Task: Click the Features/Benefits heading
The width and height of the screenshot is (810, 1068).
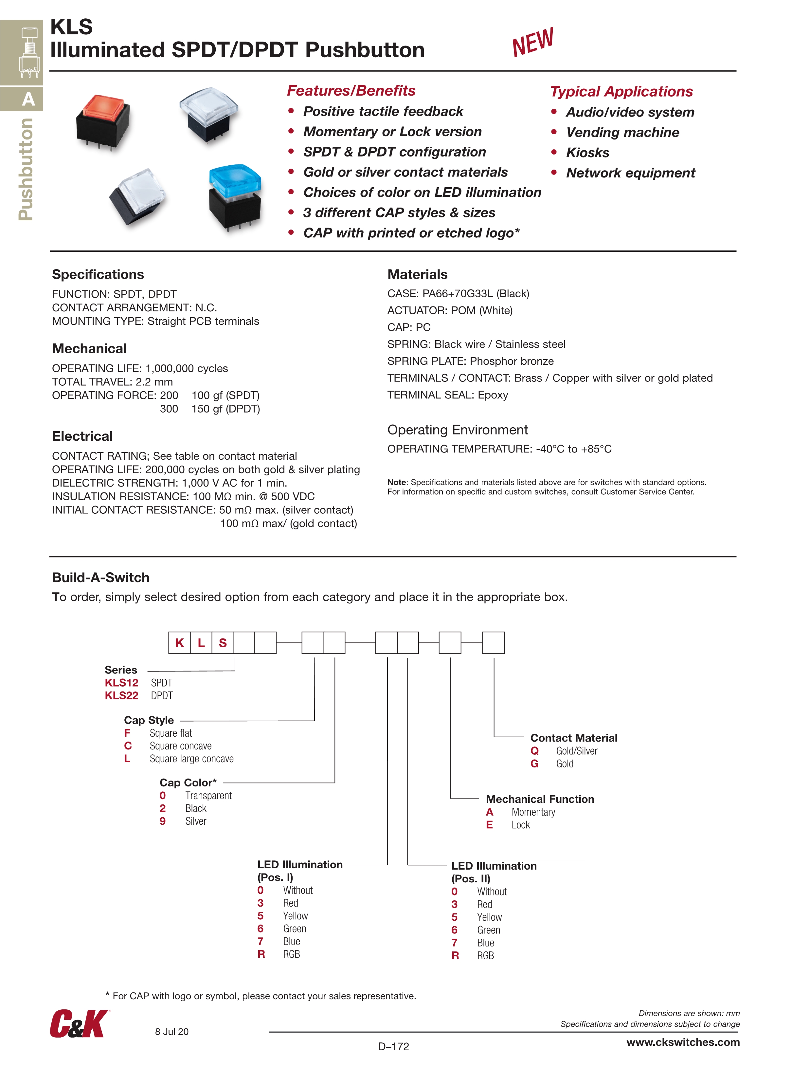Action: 351,90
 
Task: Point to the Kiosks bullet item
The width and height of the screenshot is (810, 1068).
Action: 587,153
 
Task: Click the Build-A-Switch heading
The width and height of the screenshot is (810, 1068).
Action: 100,578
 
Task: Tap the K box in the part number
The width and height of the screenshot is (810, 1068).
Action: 180,643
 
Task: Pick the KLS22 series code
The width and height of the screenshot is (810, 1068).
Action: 122,695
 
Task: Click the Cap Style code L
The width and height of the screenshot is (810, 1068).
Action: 127,759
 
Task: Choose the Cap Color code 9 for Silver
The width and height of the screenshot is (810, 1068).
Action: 163,821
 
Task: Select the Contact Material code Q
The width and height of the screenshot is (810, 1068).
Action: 534,751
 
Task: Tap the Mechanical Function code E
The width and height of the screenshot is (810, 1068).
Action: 490,825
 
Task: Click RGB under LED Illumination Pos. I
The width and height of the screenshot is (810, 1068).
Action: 291,954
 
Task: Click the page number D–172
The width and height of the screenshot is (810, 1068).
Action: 393,1046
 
